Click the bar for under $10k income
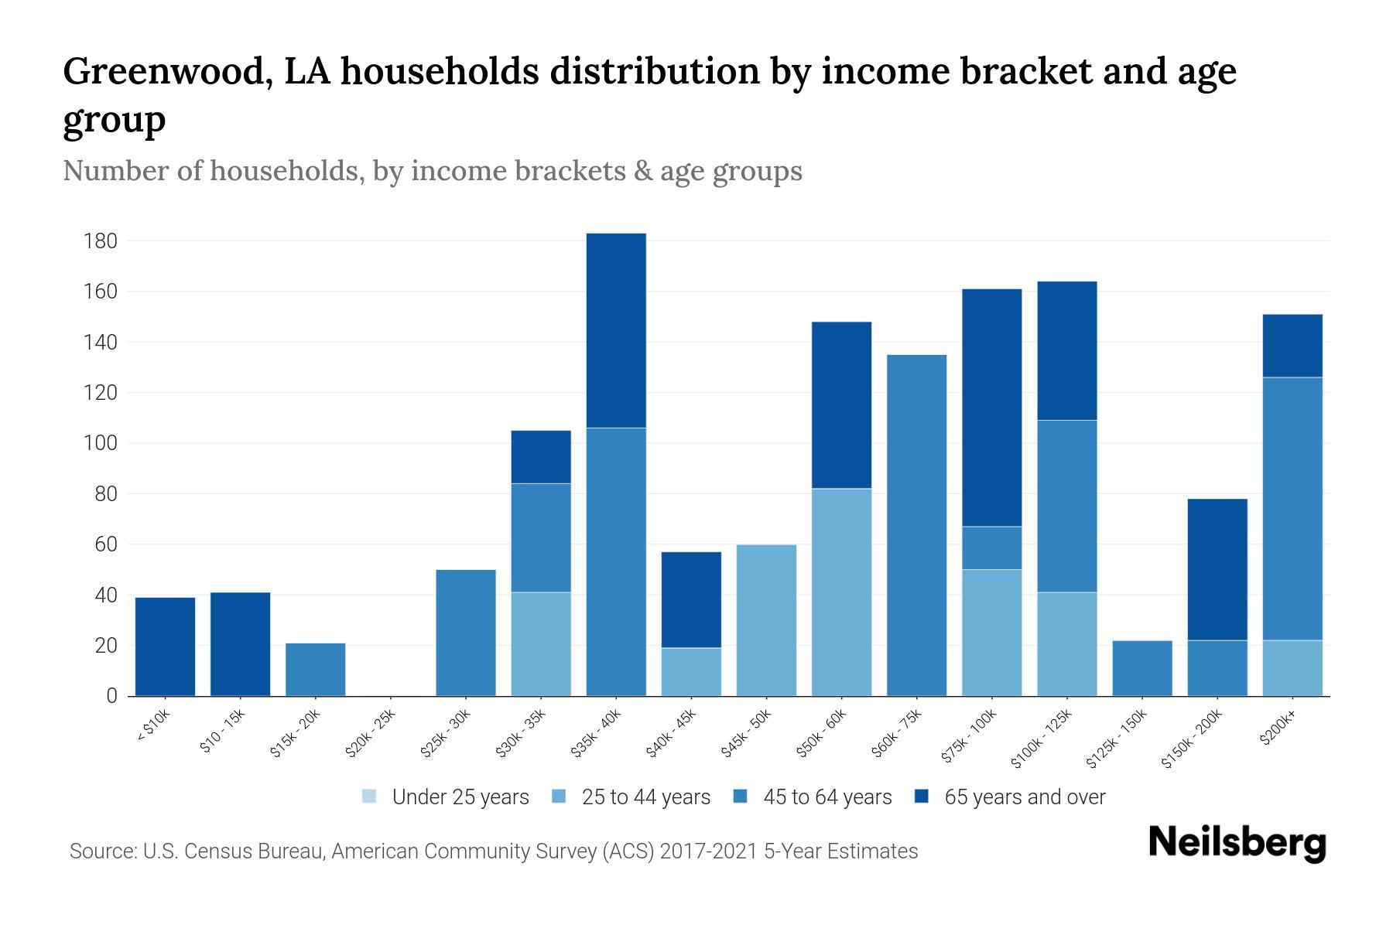pyautogui.click(x=165, y=647)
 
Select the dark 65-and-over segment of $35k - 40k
pyautogui.click(x=616, y=330)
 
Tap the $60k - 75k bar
pyautogui.click(x=916, y=525)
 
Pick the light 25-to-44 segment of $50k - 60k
pyautogui.click(x=841, y=592)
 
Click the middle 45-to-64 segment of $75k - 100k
pyautogui.click(x=991, y=548)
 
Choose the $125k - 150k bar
pyautogui.click(x=1141, y=668)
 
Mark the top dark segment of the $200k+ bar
pyautogui.click(x=1292, y=346)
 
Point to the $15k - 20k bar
pyautogui.click(x=315, y=669)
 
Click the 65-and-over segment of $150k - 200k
pyautogui.click(x=1217, y=569)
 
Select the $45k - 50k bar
pyautogui.click(x=766, y=620)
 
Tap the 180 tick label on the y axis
pyautogui.click(x=100, y=241)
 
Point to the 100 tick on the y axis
pyautogui.click(x=100, y=444)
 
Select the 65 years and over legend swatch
pyautogui.click(x=922, y=797)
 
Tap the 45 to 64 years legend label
pyautogui.click(x=827, y=797)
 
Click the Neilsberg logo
pyautogui.click(x=1237, y=843)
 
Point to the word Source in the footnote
pyautogui.click(x=101, y=851)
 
